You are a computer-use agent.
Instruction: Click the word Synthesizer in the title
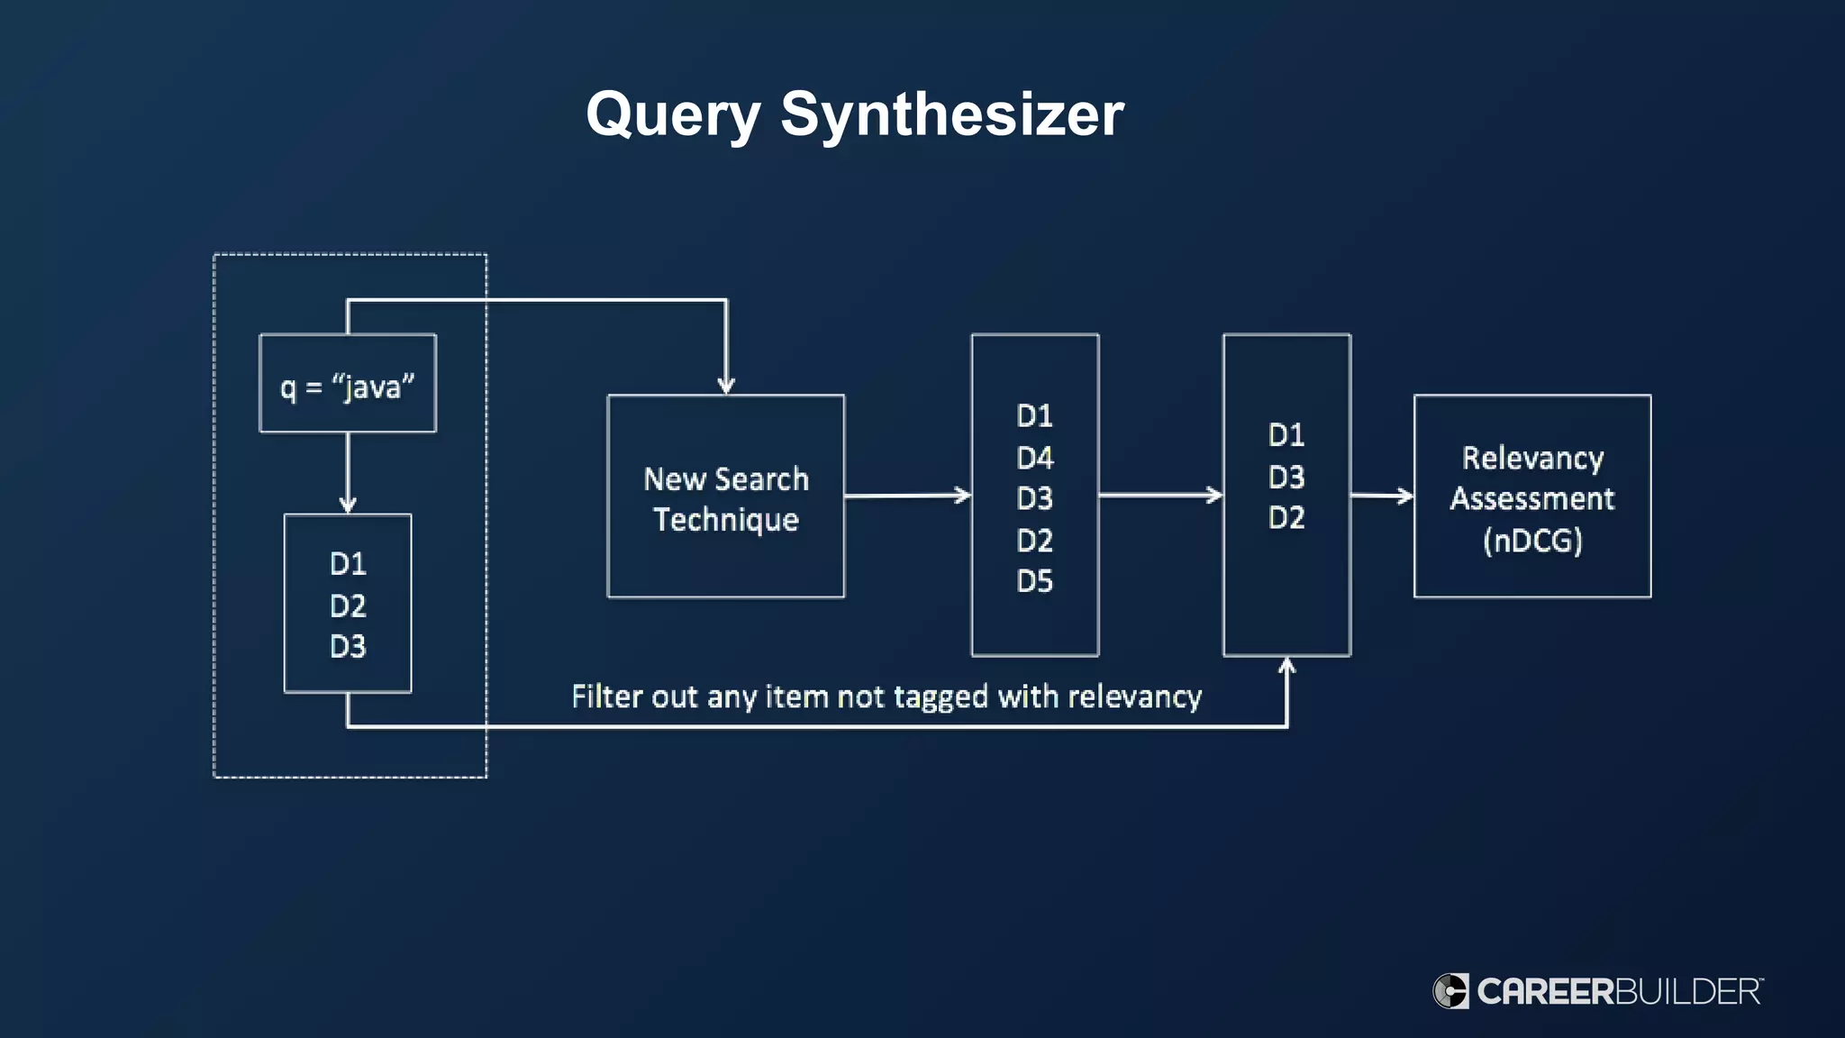pyautogui.click(x=951, y=115)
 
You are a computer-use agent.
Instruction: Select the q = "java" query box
pyautogui.click(x=348, y=384)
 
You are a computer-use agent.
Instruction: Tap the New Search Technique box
pyautogui.click(x=726, y=496)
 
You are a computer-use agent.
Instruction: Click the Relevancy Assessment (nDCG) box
pyautogui.click(x=1531, y=496)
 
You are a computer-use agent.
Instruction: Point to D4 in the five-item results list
pyautogui.click(x=1034, y=458)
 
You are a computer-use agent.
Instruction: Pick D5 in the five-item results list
pyautogui.click(x=1034, y=581)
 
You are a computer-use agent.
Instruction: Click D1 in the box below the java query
pyautogui.click(x=348, y=564)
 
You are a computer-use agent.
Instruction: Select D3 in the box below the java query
pyautogui.click(x=348, y=646)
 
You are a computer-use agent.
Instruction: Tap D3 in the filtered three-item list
pyautogui.click(x=1286, y=477)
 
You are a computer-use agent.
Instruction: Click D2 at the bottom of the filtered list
pyautogui.click(x=1286, y=517)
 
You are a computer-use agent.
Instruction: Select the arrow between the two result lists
pyautogui.click(x=1160, y=495)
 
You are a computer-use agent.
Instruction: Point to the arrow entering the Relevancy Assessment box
pyautogui.click(x=1382, y=496)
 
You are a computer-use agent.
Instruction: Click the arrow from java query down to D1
pyautogui.click(x=348, y=473)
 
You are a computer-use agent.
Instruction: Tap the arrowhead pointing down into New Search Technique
pyautogui.click(x=726, y=385)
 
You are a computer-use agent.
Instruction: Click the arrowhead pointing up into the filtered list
pyautogui.click(x=1286, y=668)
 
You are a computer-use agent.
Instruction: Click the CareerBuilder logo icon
pyautogui.click(x=1450, y=991)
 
